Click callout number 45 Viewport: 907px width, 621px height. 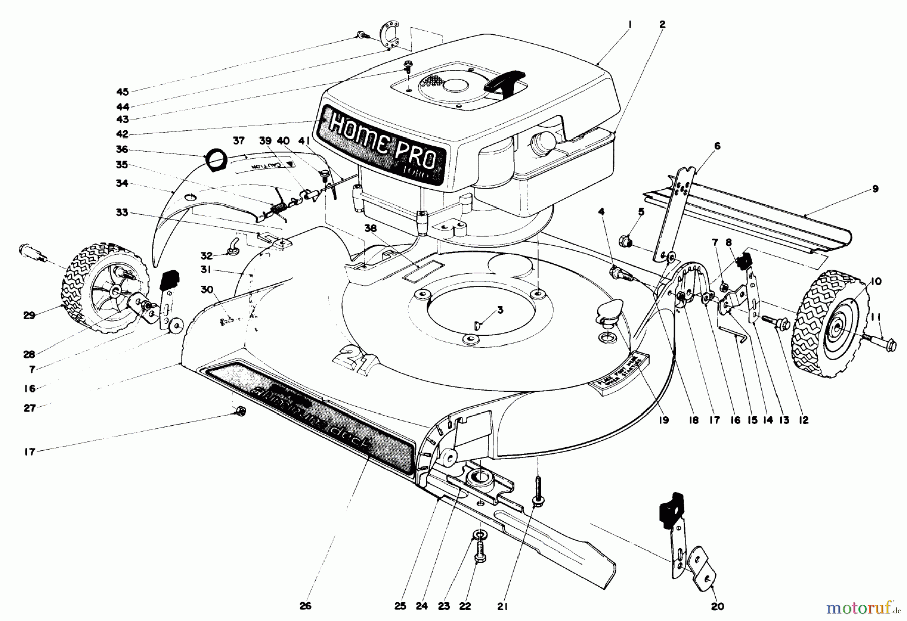(x=122, y=92)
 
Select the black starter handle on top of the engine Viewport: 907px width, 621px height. (x=504, y=81)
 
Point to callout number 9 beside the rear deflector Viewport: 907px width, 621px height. (x=875, y=189)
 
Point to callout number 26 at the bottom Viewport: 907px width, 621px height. (x=305, y=606)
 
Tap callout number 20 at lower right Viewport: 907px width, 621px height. (x=717, y=607)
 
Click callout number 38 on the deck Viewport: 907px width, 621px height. (x=371, y=227)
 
